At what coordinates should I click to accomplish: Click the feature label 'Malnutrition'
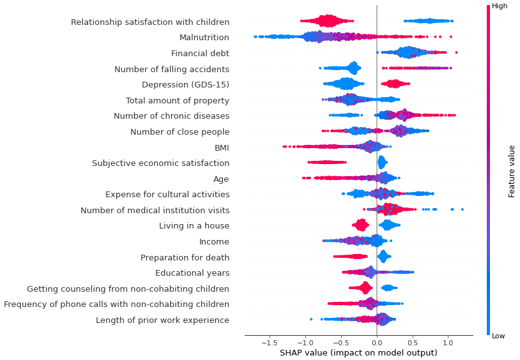[x=204, y=38]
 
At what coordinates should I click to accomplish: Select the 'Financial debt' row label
[x=200, y=54]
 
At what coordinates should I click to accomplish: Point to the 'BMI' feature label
[x=222, y=147]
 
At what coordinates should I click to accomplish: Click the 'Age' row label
[x=221, y=179]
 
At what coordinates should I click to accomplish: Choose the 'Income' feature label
[x=214, y=242]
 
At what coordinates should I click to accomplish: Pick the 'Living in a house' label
[x=194, y=226]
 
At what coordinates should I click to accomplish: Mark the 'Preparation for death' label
[x=185, y=257]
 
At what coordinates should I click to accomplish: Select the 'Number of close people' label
[x=180, y=132]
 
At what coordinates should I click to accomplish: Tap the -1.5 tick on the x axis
[x=268, y=342]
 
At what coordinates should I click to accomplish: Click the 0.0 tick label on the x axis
[x=376, y=342]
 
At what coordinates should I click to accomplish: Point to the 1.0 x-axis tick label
[x=448, y=342]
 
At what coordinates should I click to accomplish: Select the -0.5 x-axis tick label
[x=340, y=342]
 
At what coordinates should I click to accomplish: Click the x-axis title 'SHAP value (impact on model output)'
[x=358, y=353]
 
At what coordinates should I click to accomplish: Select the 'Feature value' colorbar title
[x=512, y=171]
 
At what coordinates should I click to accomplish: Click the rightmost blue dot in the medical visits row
[x=462, y=209]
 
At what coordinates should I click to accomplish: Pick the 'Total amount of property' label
[x=177, y=100]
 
